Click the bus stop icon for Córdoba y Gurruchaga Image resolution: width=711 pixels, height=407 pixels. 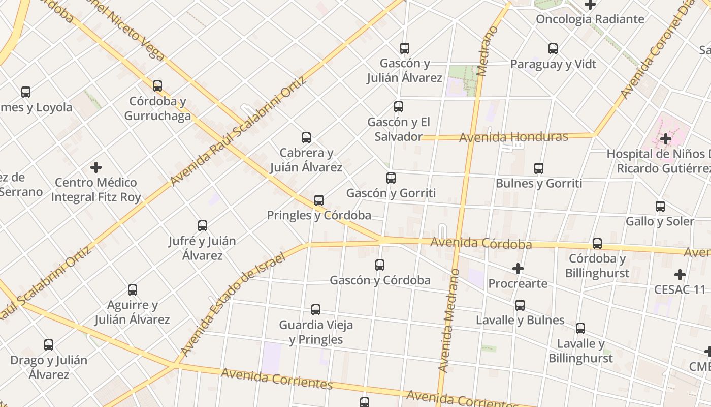157,85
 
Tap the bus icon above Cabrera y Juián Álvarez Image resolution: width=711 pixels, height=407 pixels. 306,137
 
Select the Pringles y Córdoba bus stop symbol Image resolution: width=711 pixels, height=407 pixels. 319,200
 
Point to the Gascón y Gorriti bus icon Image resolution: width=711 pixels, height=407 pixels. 391,178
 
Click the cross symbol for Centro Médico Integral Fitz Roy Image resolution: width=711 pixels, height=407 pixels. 96,167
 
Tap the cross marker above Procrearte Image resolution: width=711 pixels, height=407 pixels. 518,268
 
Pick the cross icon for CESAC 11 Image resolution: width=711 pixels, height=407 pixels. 680,275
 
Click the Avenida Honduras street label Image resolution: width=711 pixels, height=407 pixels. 513,137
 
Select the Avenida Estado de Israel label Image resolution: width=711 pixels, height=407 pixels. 233,303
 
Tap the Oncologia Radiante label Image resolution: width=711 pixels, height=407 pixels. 590,19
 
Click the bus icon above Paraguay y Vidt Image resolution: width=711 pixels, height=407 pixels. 553,49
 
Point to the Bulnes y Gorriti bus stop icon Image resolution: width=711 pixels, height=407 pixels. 539,168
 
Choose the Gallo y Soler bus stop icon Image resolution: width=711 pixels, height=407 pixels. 660,206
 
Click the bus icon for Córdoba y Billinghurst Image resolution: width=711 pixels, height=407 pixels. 597,243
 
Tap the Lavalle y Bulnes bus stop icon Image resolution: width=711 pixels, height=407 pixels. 520,305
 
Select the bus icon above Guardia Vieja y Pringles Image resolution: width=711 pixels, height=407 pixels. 316,309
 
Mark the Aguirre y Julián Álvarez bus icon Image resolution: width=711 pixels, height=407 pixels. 133,289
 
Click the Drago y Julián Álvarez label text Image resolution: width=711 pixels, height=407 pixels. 49,367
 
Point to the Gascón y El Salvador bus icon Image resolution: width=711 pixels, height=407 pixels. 399,107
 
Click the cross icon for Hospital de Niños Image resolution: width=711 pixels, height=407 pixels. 665,138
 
